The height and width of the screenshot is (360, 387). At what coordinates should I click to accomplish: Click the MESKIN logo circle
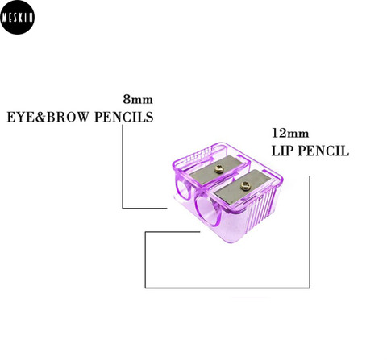point(18,17)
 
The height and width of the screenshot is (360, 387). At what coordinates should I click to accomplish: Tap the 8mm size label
point(138,99)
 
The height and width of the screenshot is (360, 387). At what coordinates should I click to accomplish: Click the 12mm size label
point(290,133)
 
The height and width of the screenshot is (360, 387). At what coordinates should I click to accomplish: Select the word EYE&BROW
point(48,118)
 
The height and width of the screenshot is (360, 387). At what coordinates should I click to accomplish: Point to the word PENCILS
point(124,118)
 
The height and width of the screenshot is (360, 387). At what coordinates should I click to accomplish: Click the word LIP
point(282,151)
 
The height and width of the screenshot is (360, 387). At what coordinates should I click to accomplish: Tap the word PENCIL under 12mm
point(324,151)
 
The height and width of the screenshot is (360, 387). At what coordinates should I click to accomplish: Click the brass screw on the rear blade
point(219,169)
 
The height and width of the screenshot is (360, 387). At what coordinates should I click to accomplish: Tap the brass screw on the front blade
point(245,186)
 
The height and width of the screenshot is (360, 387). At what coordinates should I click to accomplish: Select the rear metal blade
point(220,170)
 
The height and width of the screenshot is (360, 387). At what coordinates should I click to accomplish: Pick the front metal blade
point(245,186)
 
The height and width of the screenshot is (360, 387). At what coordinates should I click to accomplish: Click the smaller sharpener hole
point(183,189)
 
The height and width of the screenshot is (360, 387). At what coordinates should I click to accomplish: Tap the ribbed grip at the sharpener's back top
point(200,155)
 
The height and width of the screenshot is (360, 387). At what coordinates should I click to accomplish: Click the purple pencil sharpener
point(228,192)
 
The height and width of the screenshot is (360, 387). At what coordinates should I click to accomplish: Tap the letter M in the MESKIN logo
point(5,18)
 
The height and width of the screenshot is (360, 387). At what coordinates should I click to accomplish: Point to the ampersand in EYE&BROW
point(40,118)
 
